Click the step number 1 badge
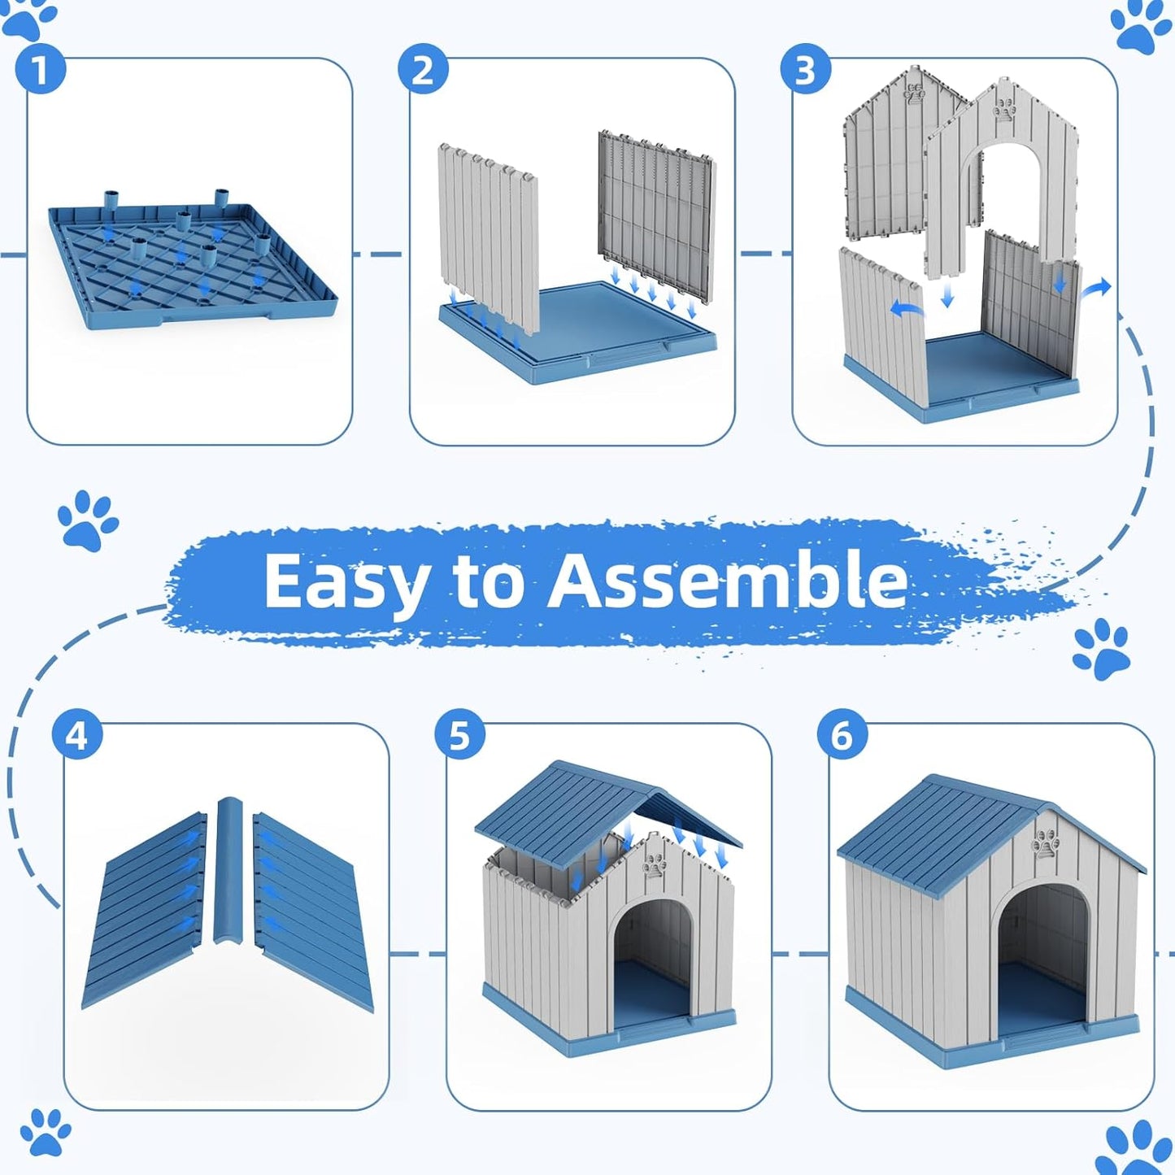coord(40,70)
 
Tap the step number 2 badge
coord(423,70)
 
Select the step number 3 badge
coord(805,70)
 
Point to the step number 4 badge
coord(76,736)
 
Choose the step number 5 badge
coord(459,736)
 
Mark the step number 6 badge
coord(842,736)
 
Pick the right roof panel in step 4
coord(313,911)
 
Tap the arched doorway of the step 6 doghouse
coord(1043,960)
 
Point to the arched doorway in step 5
coord(651,960)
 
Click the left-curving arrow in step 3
coord(907,308)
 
